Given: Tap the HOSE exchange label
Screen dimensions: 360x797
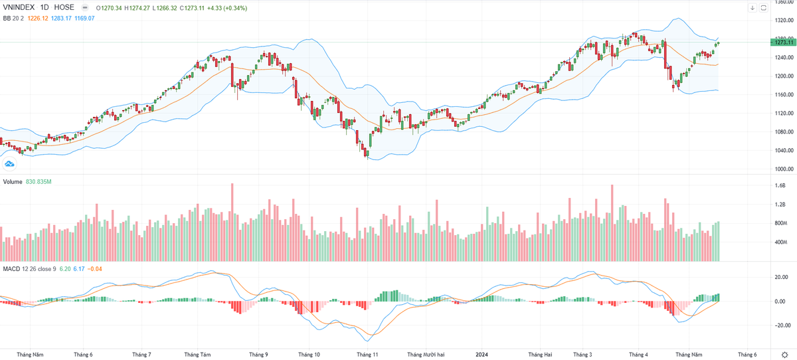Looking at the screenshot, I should [64, 7].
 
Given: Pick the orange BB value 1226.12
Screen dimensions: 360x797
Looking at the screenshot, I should [35, 18].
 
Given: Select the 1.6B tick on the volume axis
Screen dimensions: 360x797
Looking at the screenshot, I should [780, 186].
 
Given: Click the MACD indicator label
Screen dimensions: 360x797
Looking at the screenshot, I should [11, 269].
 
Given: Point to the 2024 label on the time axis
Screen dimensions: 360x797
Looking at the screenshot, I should [482, 355].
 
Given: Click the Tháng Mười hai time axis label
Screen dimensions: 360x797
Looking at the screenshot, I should [424, 355].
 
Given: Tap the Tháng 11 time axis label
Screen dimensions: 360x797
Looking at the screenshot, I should [367, 355].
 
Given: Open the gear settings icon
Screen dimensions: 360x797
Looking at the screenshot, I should [784, 355].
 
